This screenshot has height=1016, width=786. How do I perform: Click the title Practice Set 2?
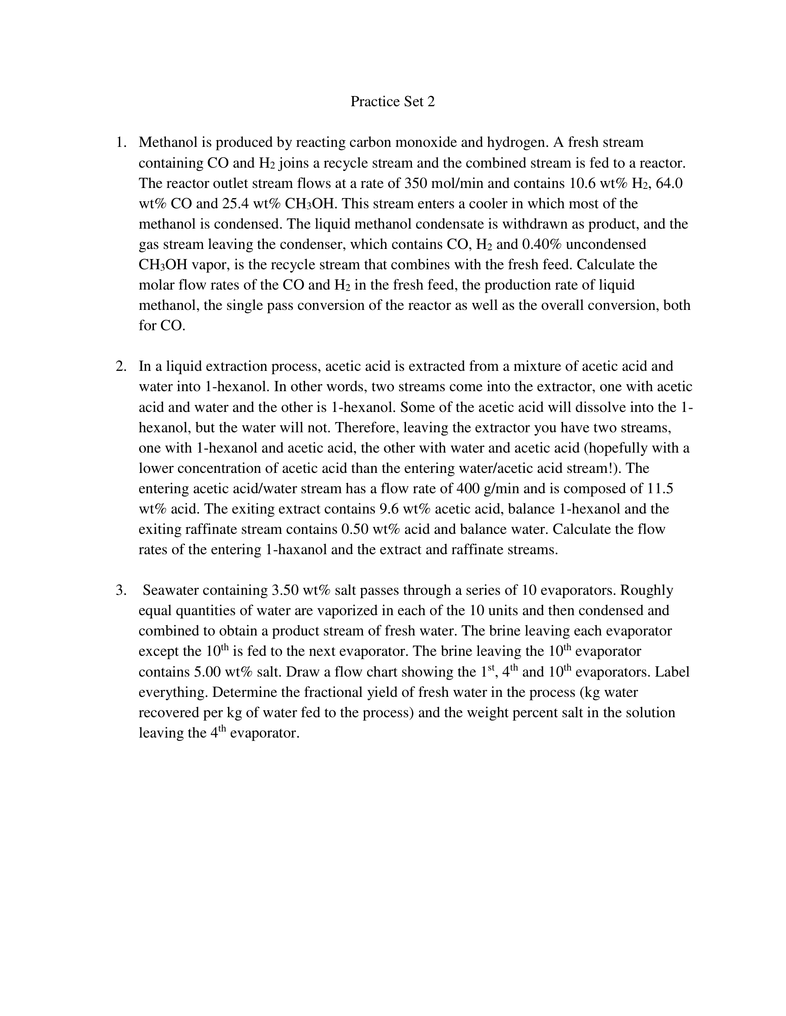[392, 102]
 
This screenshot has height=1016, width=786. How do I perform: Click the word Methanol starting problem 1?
[168, 142]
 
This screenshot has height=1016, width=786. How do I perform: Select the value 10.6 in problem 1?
[581, 183]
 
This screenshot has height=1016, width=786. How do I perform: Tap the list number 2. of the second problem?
[121, 367]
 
